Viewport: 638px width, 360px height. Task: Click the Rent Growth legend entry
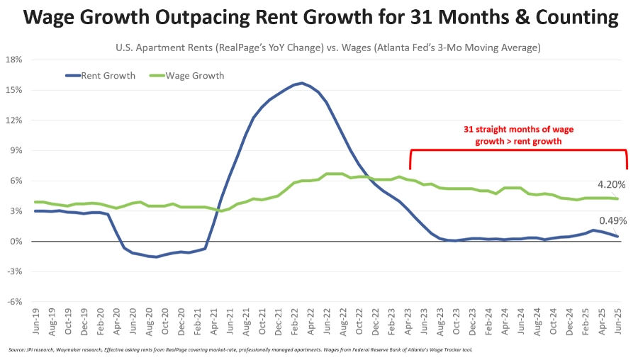(100, 76)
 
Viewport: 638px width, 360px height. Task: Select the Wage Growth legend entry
(186, 76)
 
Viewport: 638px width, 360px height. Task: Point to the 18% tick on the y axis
(14, 60)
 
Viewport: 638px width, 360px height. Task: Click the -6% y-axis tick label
(14, 302)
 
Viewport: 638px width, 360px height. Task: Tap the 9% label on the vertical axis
(16, 150)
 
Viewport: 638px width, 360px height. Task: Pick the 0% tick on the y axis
(16, 242)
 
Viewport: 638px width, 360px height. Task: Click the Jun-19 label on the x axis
(36, 321)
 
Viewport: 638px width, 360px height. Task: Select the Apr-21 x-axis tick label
(214, 321)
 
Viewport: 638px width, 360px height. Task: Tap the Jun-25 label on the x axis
(618, 321)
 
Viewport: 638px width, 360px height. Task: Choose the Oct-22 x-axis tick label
(359, 321)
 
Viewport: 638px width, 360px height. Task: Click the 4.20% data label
(611, 185)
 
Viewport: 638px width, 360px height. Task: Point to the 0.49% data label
(612, 221)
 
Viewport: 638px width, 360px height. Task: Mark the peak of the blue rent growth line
(301, 83)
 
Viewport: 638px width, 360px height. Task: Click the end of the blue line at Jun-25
(617, 237)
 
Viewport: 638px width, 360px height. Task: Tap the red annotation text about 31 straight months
(518, 135)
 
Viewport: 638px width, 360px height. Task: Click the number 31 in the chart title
(421, 17)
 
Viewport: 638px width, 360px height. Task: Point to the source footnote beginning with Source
(240, 350)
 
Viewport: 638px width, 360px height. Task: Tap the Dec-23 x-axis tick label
(472, 321)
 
